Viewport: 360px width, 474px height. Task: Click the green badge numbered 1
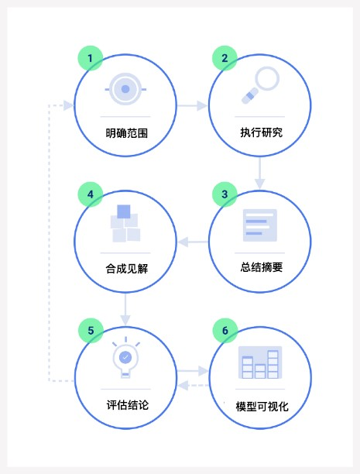pos(91,58)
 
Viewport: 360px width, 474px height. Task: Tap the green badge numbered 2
pos(225,58)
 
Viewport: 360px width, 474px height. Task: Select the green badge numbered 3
pos(225,194)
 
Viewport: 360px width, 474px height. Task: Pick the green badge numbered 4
pos(91,194)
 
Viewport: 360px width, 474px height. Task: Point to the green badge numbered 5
pos(91,331)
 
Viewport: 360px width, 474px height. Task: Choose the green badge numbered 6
pos(225,331)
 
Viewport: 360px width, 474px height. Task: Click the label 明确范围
pos(127,133)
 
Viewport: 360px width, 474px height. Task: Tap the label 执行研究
pos(262,132)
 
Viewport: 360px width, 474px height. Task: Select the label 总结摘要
pos(262,267)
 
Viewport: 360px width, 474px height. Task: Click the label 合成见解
pos(127,269)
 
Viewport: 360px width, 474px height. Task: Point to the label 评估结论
pos(128,405)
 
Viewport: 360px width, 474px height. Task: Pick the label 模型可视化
pos(262,407)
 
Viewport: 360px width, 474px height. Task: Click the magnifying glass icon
pos(260,85)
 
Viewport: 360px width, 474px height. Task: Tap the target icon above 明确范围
pos(125,89)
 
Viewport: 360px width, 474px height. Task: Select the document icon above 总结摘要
pos(260,225)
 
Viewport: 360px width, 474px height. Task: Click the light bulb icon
pos(125,357)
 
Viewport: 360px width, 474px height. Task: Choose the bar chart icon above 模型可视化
pos(260,362)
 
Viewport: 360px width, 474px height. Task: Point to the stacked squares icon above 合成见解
pos(125,223)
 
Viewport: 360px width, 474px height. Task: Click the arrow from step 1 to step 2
pos(193,106)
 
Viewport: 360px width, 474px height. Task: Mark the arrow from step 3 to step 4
pos(193,242)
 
